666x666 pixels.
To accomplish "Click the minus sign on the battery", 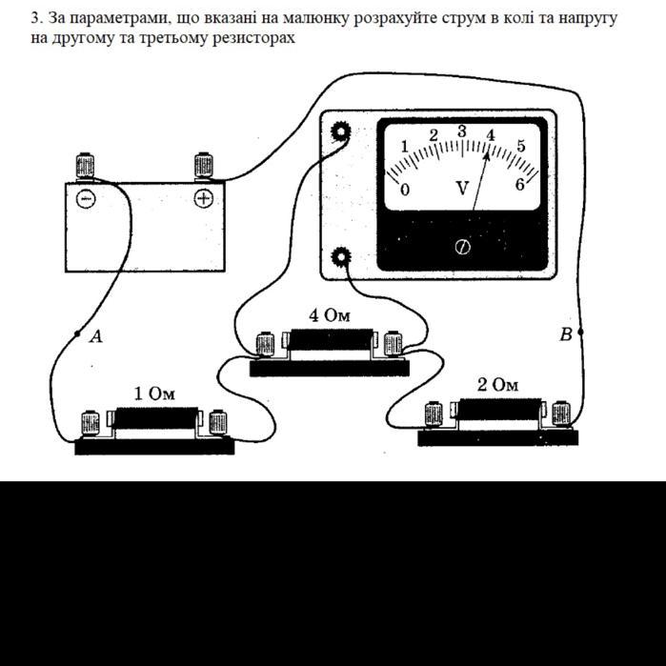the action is [x=86, y=199].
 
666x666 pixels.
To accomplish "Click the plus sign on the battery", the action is [x=204, y=198].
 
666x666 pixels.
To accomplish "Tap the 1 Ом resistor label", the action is [x=154, y=394].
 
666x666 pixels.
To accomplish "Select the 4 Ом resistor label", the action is [x=330, y=315].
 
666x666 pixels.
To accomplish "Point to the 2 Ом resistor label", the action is [x=497, y=385].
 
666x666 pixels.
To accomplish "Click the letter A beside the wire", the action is [x=97, y=337].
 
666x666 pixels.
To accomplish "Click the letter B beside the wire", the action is [x=566, y=334].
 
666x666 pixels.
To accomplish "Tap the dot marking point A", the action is [x=77, y=333].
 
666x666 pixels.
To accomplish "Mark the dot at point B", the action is [x=580, y=332].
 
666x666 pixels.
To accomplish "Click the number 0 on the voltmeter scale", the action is [x=405, y=190].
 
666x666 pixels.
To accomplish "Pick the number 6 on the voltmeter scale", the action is [x=520, y=185].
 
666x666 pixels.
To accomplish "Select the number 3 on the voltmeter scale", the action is [x=462, y=131].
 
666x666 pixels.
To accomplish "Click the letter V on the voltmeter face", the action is [x=462, y=188].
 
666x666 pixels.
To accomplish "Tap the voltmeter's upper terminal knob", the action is [x=341, y=132].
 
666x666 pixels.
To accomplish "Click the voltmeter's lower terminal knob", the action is [x=341, y=256].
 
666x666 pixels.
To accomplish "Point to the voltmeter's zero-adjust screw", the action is [x=462, y=247].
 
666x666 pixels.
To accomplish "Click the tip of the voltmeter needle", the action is [x=488, y=152].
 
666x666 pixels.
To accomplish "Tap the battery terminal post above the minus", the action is [x=85, y=166].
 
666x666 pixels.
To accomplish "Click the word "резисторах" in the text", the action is [x=253, y=38].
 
